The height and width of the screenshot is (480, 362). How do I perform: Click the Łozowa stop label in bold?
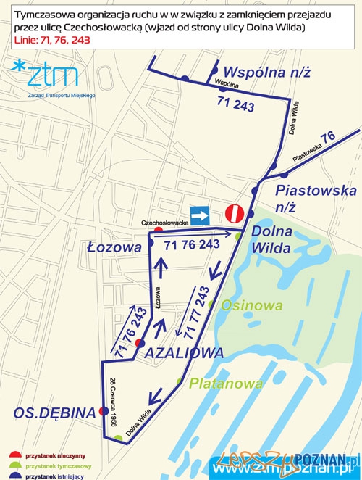coord(123,247)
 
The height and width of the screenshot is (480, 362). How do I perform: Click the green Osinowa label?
coord(252,305)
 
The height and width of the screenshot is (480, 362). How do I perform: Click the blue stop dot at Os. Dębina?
coord(104,411)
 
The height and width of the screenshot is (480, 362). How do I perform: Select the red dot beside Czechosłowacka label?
coord(159,231)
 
